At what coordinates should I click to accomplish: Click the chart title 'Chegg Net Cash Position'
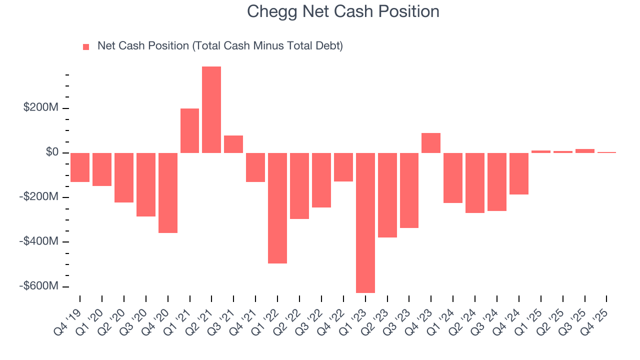343,11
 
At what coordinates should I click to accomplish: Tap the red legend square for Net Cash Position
86,46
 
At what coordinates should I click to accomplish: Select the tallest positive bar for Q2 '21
211,109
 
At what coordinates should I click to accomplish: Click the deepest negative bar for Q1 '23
365,222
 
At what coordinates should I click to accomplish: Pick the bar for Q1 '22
277,208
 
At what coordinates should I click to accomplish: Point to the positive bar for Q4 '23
431,143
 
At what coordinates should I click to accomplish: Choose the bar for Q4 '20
168,193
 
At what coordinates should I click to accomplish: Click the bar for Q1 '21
189,130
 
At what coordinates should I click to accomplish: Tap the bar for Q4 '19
80,167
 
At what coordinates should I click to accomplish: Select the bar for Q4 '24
518,173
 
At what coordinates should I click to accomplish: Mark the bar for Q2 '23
387,195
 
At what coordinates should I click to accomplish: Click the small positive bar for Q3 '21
233,144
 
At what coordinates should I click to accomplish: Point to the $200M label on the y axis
40,108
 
